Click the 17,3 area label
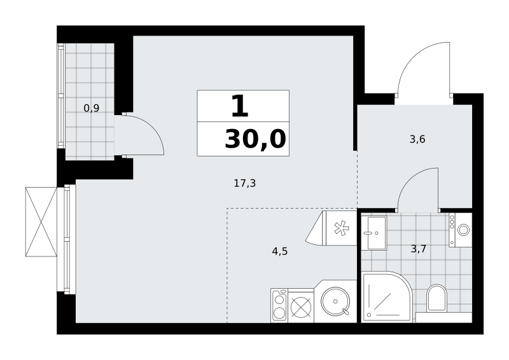[245, 184]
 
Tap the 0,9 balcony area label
[92, 108]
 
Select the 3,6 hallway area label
[417, 139]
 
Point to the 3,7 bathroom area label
[419, 249]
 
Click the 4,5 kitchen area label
[280, 251]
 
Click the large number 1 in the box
[240, 106]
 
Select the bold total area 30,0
[255, 139]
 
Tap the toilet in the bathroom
[436, 298]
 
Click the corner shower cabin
[387, 297]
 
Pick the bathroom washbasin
[374, 232]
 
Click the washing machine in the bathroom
[460, 230]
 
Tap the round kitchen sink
[336, 301]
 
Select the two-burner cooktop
[279, 305]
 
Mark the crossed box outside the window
[41, 222]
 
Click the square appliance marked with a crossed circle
[301, 306]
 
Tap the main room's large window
[67, 239]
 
